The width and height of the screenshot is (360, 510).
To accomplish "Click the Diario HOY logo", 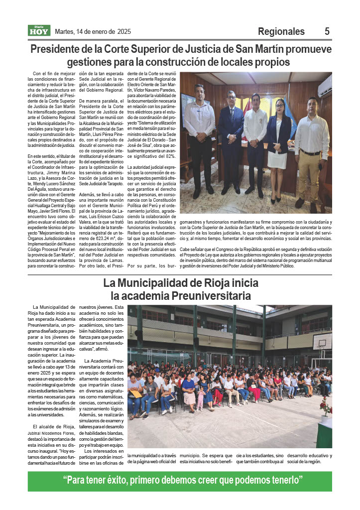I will pyautogui.click(x=38, y=31).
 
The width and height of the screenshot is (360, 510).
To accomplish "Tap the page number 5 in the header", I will pyautogui.click(x=327, y=31).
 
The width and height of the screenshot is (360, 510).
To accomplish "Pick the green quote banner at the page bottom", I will pyautogui.click(x=180, y=481).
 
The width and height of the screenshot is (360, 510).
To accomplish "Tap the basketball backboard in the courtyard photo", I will pyautogui.click(x=322, y=341).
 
